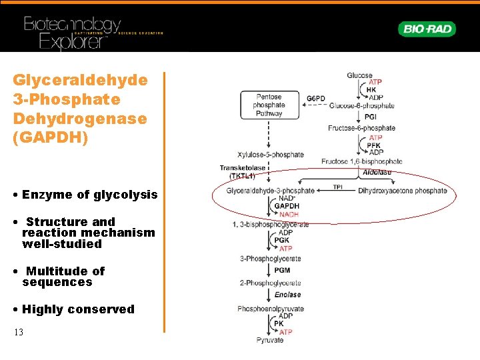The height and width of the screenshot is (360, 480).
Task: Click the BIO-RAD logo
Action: click(427, 29)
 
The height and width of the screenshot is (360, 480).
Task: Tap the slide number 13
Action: click(18, 332)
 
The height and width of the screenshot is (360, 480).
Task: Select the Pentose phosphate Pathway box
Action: click(269, 105)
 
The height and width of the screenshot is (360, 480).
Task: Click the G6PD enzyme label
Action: click(316, 99)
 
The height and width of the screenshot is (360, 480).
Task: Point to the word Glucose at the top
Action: click(360, 76)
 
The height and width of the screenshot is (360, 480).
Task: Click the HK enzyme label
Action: click(372, 90)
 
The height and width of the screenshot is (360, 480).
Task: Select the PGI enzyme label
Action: click(371, 117)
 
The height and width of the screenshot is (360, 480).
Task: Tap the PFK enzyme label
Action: click(374, 145)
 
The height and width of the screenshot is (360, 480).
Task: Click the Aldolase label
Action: click(377, 172)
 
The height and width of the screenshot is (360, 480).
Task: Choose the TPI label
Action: click(339, 187)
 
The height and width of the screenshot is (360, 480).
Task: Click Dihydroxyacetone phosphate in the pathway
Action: click(403, 191)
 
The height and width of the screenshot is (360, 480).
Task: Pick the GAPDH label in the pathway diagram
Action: click(287, 206)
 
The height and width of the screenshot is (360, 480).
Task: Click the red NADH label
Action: click(289, 215)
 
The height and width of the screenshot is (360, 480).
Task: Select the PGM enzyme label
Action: click(282, 270)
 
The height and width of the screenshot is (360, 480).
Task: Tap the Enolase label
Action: click(287, 294)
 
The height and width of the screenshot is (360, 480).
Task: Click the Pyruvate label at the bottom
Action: click(270, 340)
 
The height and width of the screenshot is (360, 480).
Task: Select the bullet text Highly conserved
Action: click(78, 309)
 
